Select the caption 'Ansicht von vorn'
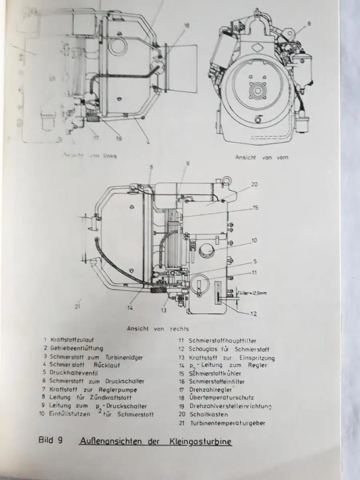pos(262,158)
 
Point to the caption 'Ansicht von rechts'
pos(158,329)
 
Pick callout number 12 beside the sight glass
pos(253,314)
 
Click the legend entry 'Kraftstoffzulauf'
pos(72,340)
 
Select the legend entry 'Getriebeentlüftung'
pos(76,348)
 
